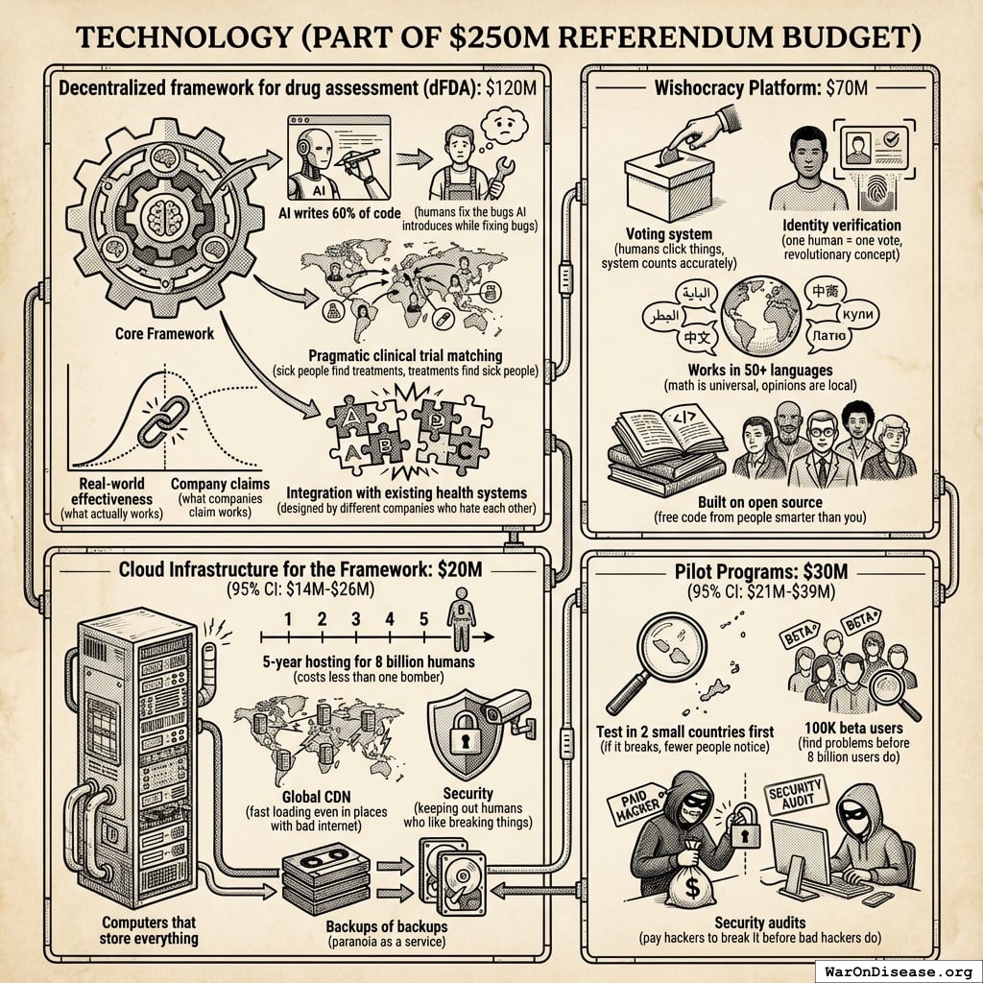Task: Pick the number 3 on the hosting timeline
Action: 355,618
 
